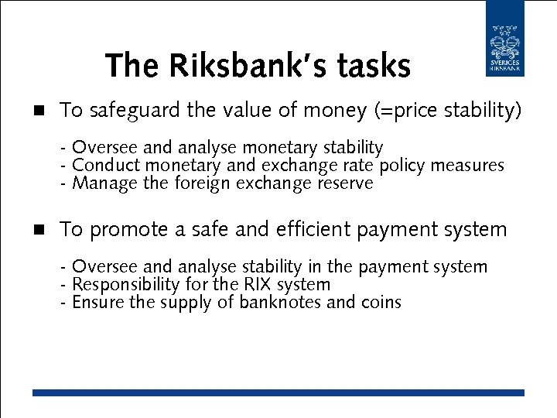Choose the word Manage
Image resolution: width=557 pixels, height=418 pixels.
pos(99,183)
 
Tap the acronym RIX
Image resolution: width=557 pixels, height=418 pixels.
pos(258,285)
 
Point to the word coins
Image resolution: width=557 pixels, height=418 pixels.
pos(381,303)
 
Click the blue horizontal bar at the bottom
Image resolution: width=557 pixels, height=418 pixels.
pos(278,393)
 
